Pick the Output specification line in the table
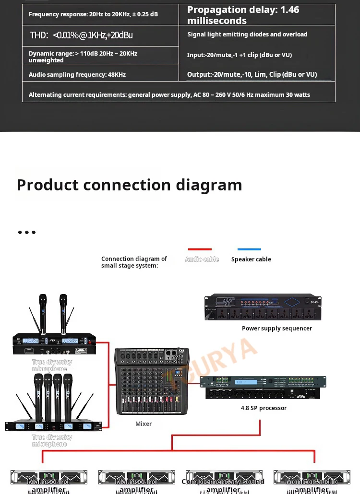coord(252,74)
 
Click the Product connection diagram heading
coord(129,185)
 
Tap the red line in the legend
coord(200,249)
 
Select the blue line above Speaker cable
coord(249,249)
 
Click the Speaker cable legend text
coord(251,259)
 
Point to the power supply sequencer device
coord(263,307)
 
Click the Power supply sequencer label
coord(277,329)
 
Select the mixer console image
coord(151,381)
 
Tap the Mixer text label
coord(144,424)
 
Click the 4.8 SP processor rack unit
coord(263,388)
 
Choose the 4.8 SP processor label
coord(264,408)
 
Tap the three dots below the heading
coord(27,233)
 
